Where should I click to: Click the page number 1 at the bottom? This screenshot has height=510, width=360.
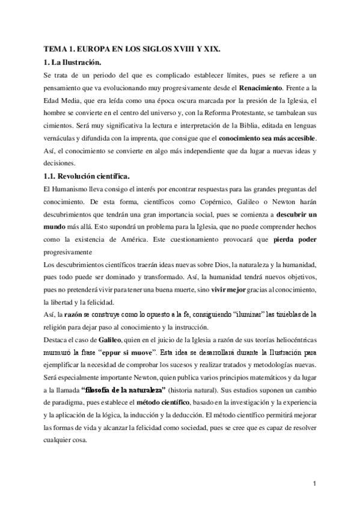(316, 482)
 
